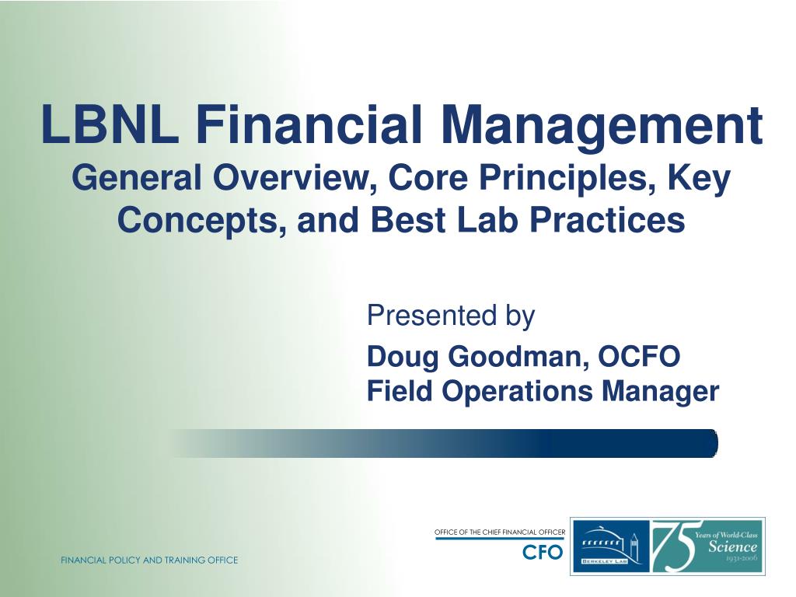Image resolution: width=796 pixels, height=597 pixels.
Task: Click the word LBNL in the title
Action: point(110,124)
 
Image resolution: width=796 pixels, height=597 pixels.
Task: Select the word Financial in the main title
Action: point(309,124)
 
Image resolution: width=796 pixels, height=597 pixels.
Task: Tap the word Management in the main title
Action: point(602,127)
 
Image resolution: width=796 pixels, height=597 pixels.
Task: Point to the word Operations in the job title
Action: point(517,393)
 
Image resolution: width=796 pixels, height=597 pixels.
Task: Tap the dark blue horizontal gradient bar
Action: point(442,443)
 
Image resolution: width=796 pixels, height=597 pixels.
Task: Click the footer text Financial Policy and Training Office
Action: point(149,560)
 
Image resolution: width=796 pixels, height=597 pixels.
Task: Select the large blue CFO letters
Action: point(543,552)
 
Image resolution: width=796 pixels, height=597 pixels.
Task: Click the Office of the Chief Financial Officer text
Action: point(500,532)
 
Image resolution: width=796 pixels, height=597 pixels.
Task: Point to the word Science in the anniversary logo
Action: point(732,546)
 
